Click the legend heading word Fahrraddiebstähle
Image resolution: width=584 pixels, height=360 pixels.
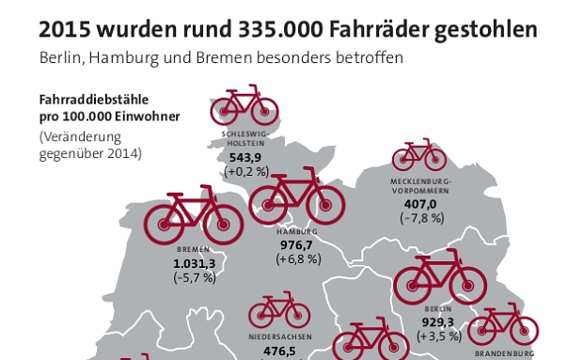tap(92, 100)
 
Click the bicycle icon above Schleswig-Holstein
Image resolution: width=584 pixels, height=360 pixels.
tap(245, 105)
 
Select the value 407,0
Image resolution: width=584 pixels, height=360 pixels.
tap(419, 203)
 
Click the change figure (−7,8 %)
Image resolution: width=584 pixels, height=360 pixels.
tap(420, 218)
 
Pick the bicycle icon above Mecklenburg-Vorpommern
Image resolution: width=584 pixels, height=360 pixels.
tap(419, 155)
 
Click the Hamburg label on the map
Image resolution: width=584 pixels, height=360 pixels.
tap(296, 231)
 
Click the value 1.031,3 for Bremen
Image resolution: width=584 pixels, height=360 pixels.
tap(195, 264)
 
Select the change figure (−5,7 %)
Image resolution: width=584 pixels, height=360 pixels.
tap(195, 278)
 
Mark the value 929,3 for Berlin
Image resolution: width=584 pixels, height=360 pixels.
tap(439, 321)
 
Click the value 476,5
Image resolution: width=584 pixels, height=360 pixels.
tap(278, 351)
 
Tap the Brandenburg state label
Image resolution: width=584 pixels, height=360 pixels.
tap(503, 353)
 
